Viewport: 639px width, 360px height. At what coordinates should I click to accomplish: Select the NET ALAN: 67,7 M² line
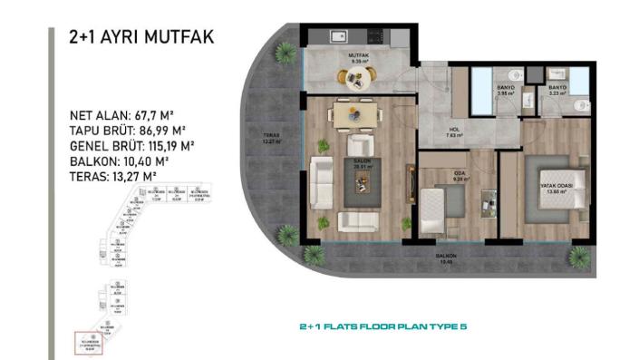(122, 116)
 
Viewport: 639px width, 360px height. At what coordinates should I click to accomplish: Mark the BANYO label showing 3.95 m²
(505, 90)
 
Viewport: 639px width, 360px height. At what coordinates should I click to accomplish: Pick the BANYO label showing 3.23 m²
(557, 90)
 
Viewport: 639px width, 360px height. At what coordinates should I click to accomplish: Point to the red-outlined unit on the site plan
(91, 341)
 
